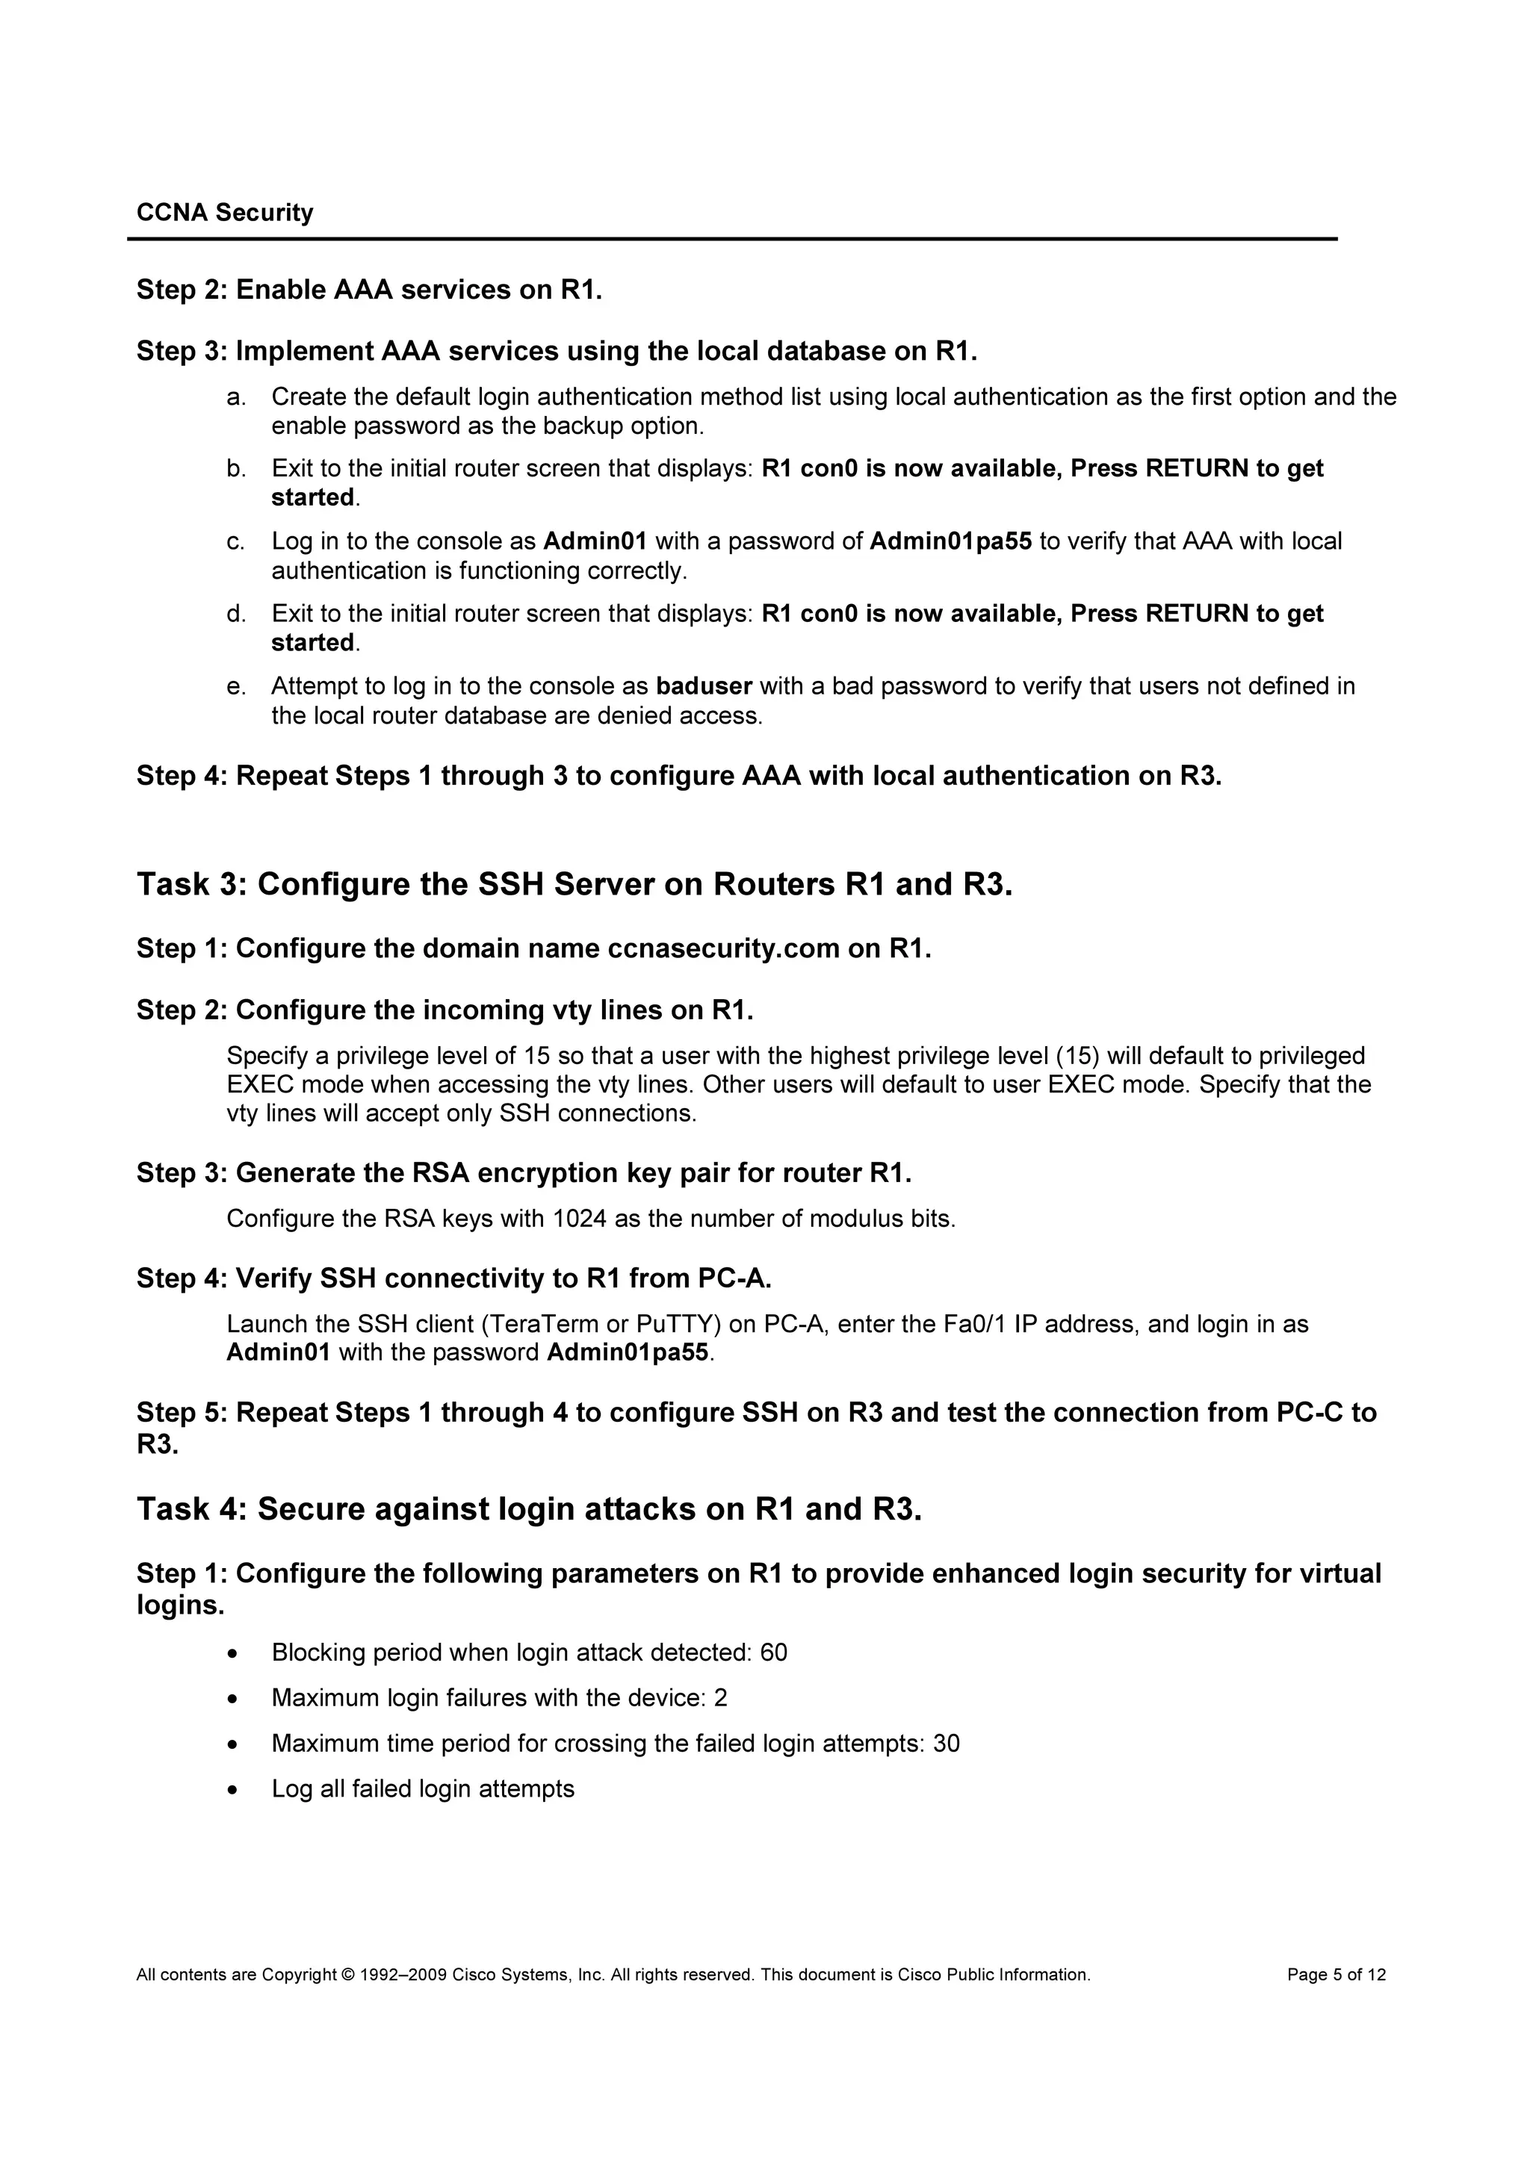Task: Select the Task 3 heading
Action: pos(574,884)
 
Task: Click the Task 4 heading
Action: pos(529,1509)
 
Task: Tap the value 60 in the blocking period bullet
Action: pos(773,1652)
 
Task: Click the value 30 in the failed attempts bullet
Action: pos(946,1743)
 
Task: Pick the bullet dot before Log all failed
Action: pos(233,1790)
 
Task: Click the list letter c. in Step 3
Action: pos(235,542)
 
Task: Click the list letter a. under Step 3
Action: pos(235,397)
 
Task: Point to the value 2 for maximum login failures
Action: pos(720,1697)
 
